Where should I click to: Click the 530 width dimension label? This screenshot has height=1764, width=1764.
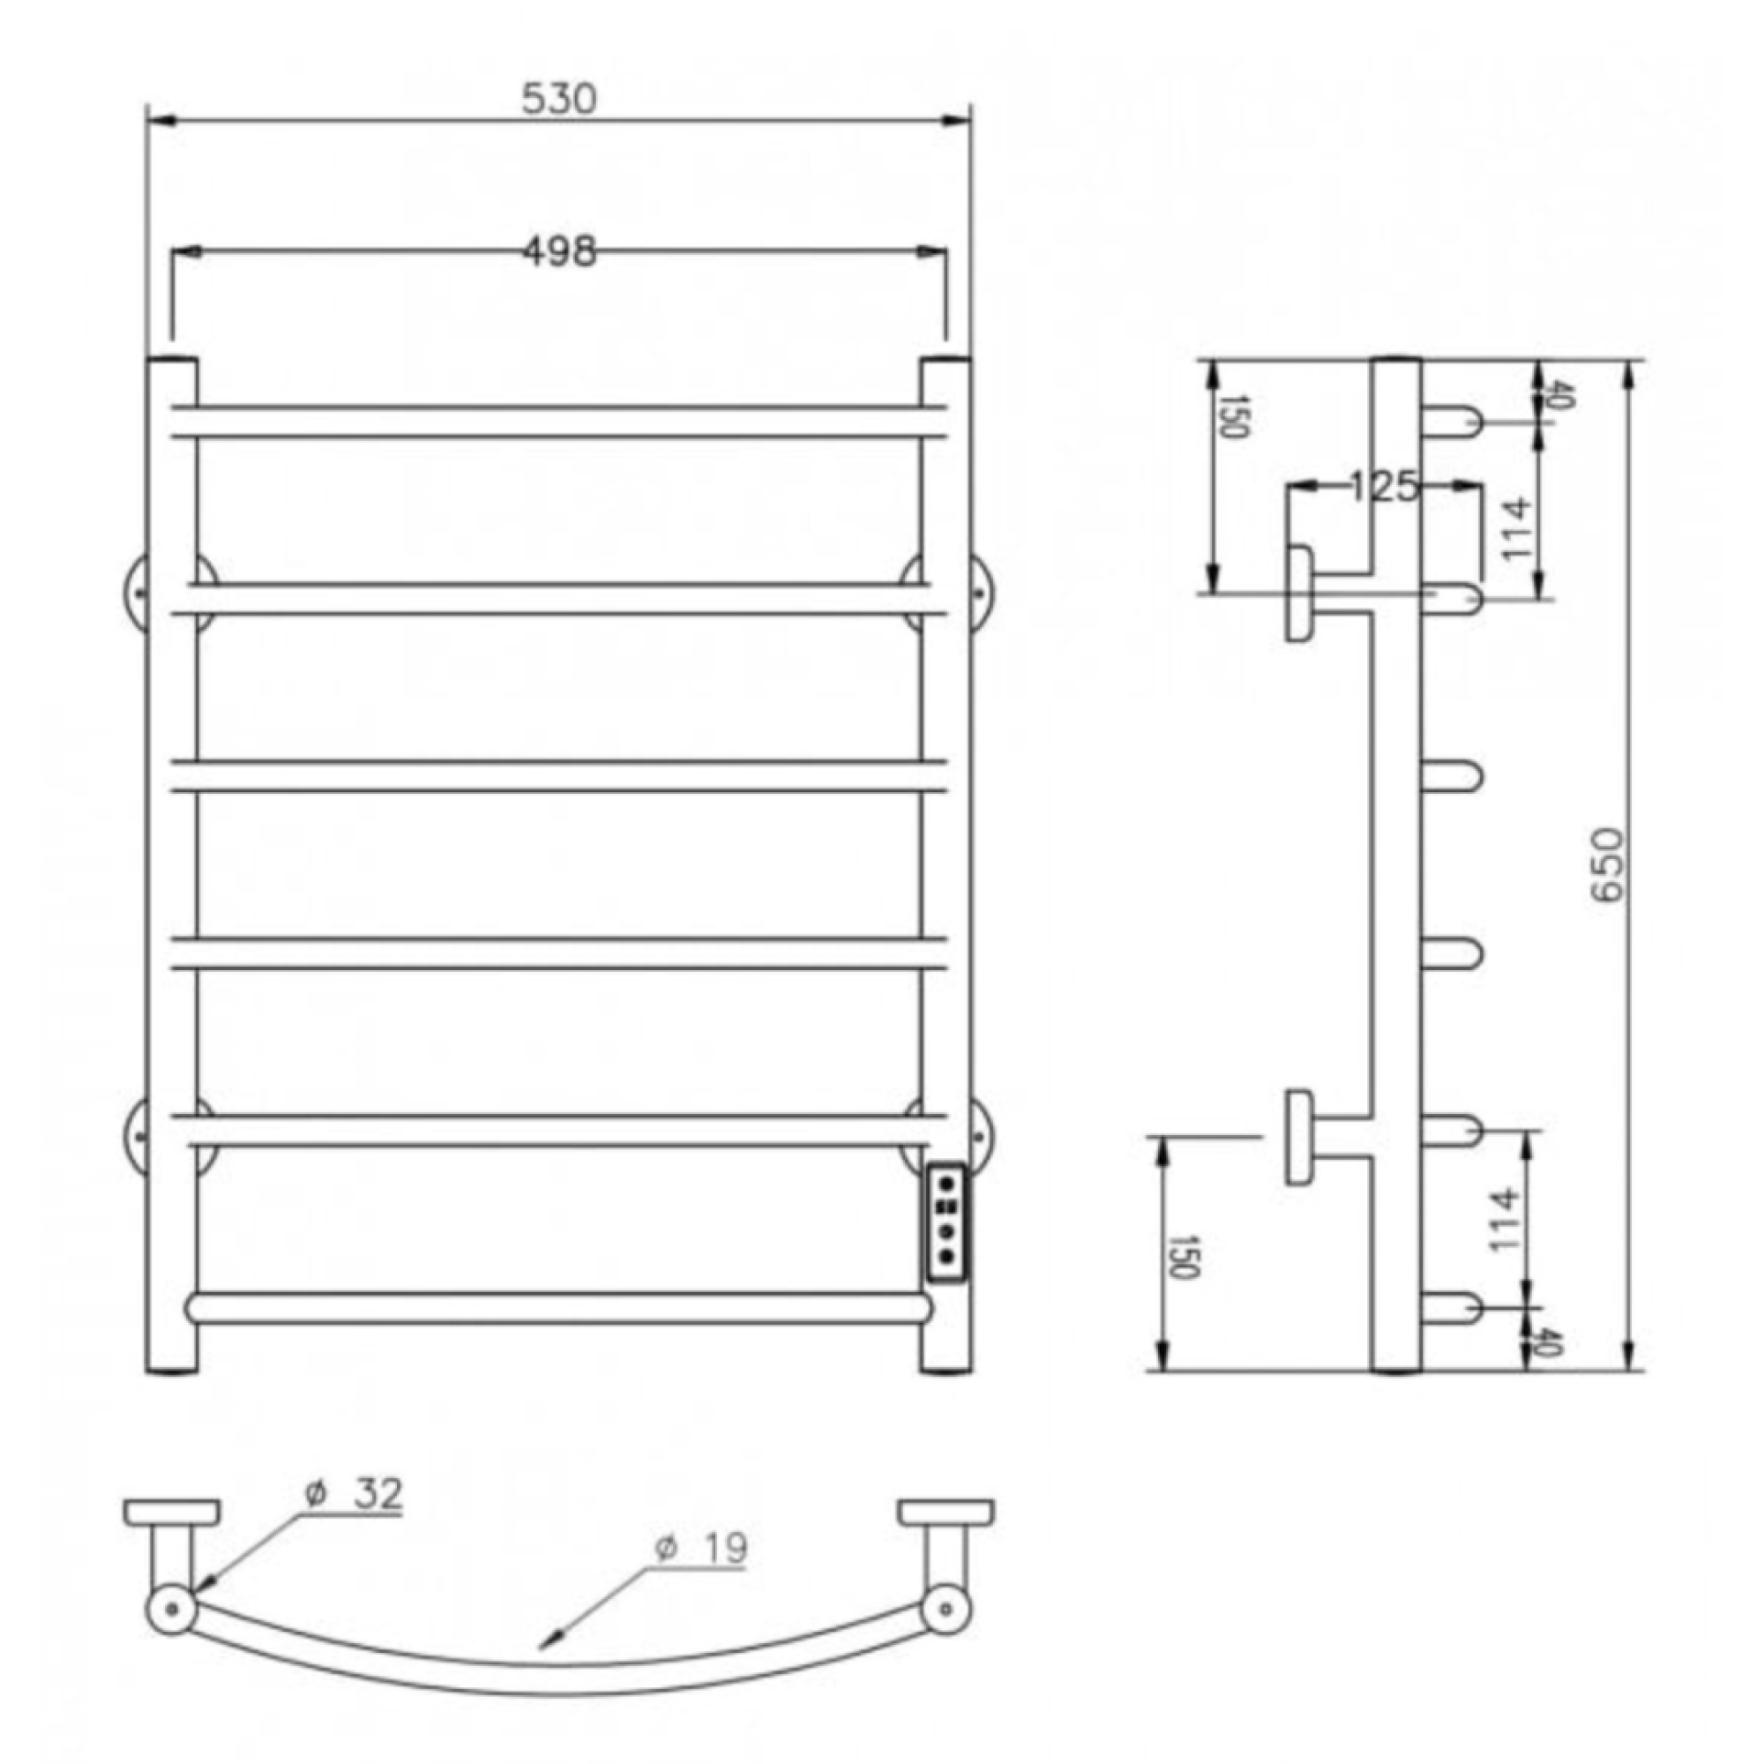[x=559, y=99]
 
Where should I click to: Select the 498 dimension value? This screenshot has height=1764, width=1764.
[x=559, y=251]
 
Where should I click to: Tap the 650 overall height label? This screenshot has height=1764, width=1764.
[x=1608, y=864]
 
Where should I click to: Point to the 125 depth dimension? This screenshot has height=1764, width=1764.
[x=1384, y=487]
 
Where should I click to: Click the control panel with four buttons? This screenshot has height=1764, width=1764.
[x=946, y=1222]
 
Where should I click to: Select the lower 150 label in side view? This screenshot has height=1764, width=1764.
[x=1184, y=1256]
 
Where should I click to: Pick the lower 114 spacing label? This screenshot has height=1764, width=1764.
[x=1503, y=1220]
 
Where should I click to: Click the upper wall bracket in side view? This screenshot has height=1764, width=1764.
[x=1300, y=593]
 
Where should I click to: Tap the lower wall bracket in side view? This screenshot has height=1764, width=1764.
[x=1300, y=1137]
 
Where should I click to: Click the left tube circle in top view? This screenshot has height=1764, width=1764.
[x=171, y=1609]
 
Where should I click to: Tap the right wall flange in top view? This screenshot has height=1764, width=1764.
[x=946, y=1512]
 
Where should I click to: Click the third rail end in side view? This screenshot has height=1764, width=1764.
[x=1452, y=777]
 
